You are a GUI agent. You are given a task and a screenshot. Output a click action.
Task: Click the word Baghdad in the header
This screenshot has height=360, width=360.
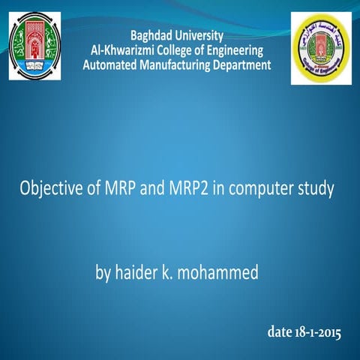click(x=154, y=35)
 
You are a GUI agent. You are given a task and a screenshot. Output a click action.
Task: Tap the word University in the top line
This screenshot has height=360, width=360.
click(x=201, y=35)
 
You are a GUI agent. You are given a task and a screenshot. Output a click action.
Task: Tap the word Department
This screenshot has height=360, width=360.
click(x=241, y=65)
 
